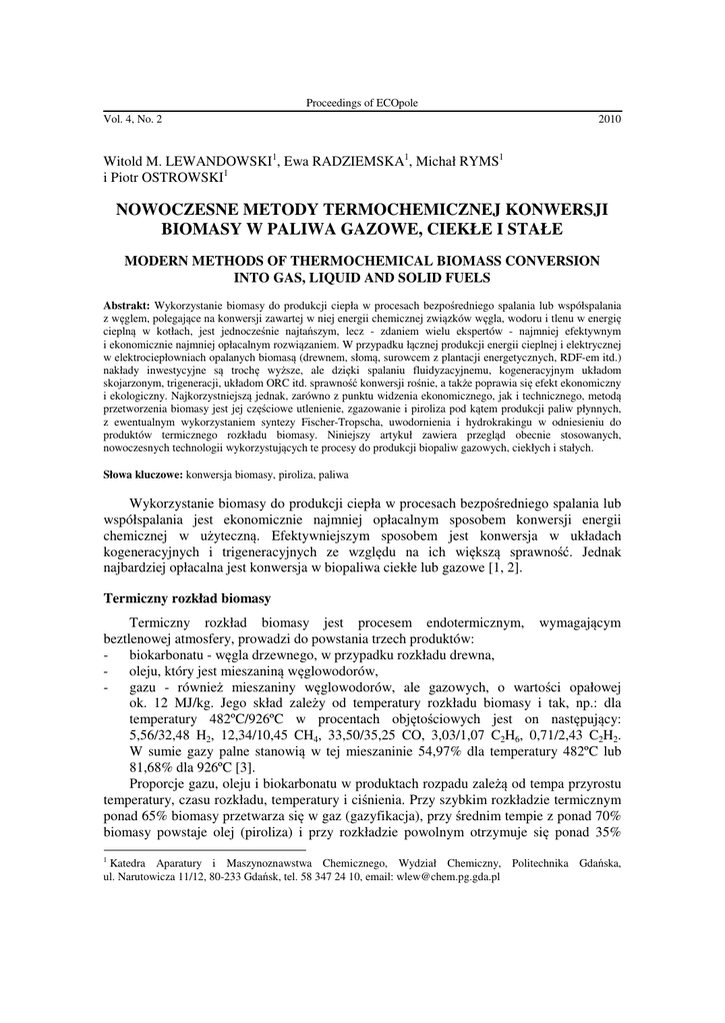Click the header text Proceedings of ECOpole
(x=362, y=104)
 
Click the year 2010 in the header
(x=610, y=120)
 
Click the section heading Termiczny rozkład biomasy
(x=188, y=598)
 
